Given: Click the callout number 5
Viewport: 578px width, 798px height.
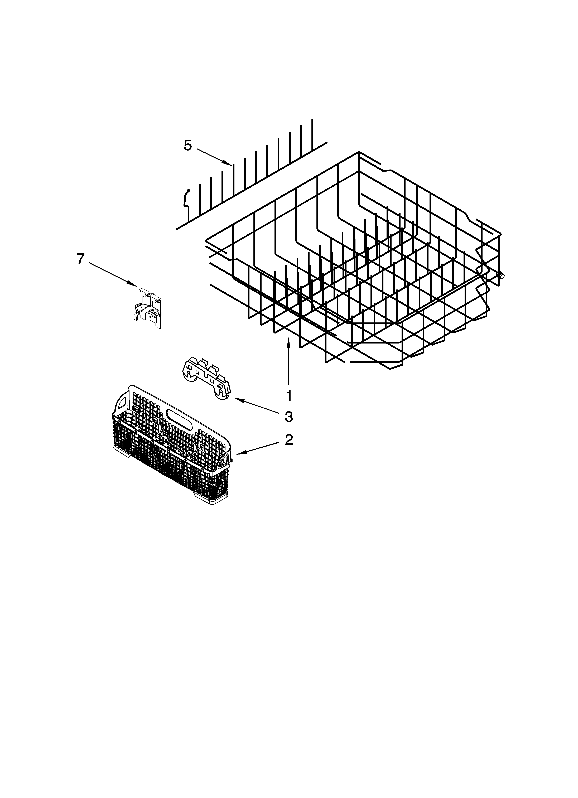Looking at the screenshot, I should click(188, 145).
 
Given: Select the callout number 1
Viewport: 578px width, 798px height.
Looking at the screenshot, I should click(289, 396).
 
